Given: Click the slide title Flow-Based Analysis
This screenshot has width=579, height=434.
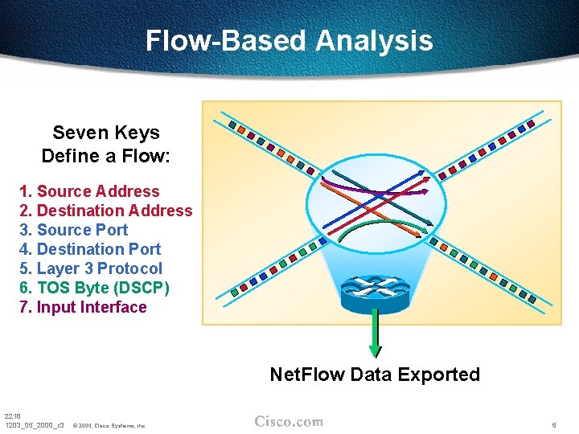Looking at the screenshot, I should (x=289, y=40).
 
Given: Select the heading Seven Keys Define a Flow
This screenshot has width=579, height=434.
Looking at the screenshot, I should (x=105, y=144).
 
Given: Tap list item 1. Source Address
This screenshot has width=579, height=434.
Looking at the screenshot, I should (x=89, y=191).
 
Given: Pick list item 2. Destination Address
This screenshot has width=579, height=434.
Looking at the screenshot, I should (x=105, y=211).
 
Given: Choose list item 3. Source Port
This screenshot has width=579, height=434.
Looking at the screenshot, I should (x=73, y=230).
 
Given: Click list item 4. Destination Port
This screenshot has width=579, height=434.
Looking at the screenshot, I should (x=90, y=249).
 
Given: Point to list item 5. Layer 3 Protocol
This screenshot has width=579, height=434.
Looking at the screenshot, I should (x=91, y=268).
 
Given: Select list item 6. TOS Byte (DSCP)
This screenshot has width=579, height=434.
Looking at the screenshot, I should (x=94, y=288).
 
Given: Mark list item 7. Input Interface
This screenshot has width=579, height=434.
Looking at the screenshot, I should (x=83, y=307).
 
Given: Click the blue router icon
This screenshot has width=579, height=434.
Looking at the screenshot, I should (x=374, y=293).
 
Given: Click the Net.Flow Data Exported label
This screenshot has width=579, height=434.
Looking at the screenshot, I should (x=375, y=375).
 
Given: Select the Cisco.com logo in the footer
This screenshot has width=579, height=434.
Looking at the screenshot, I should (x=289, y=422).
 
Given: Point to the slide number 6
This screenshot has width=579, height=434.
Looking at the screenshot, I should (x=554, y=424).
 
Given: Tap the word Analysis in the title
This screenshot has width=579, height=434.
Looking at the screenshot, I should (x=374, y=40).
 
